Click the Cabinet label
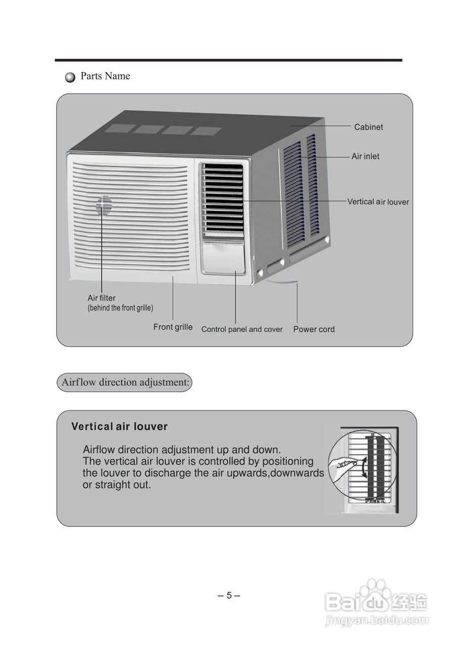pos(368,127)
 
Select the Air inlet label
pos(365,156)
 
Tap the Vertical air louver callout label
pos(378,202)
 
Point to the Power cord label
pos(314,330)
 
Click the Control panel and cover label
pos(242,330)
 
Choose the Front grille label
pos(173,327)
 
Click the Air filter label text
pos(101,298)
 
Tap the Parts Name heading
pos(105,76)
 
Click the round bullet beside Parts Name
pos(70,77)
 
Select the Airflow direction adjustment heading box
pos(124,382)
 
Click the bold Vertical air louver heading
pos(119,426)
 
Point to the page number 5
pos(229,595)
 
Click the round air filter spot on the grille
pos(104,205)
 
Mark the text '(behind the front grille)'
pos(120,308)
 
